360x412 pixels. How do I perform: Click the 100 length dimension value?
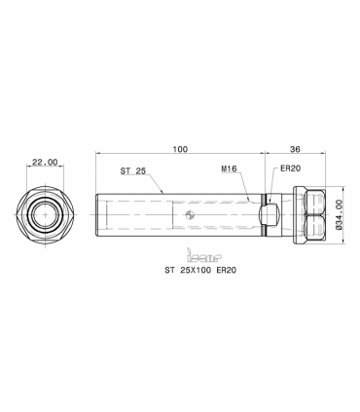(x=180, y=149)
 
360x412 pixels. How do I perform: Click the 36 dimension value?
(x=295, y=149)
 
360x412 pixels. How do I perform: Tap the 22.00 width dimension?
(x=45, y=162)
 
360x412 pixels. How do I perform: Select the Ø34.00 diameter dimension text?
(x=340, y=215)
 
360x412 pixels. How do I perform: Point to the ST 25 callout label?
(x=133, y=171)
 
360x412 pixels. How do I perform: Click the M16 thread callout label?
(x=230, y=169)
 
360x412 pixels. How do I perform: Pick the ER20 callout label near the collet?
(x=290, y=169)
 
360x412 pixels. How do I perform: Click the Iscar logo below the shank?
(x=204, y=255)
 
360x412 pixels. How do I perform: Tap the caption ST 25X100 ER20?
(x=200, y=270)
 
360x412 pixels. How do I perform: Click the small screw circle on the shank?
(x=190, y=214)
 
